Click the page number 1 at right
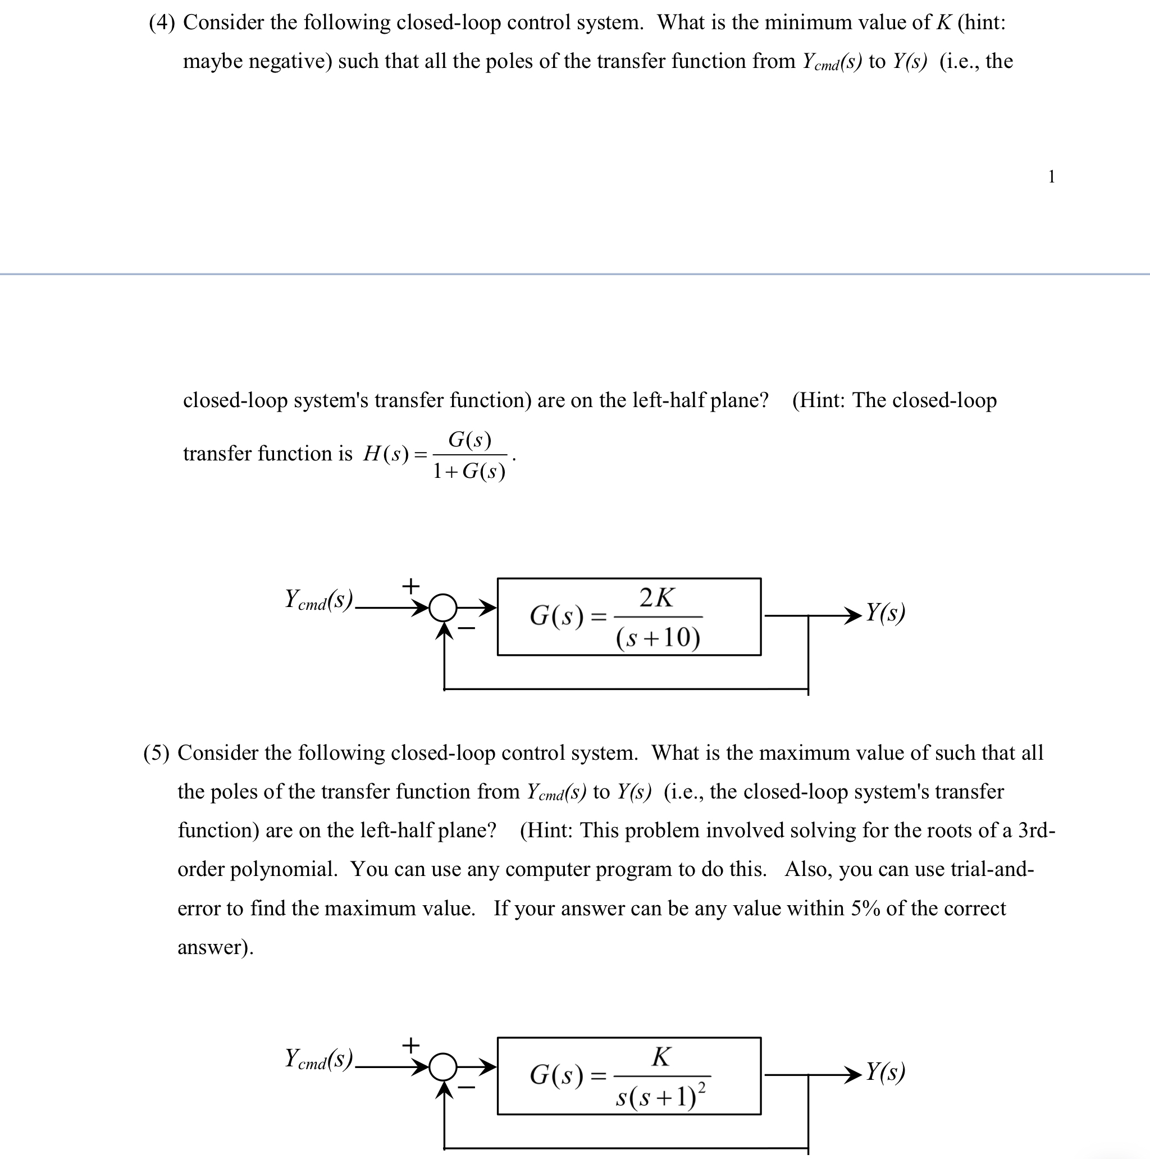(1051, 176)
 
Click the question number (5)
(156, 753)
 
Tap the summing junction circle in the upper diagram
(444, 608)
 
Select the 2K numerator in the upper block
(657, 597)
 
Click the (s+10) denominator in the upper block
(658, 637)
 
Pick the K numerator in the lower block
(661, 1057)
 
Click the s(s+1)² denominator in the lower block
(660, 1097)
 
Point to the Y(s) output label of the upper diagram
(886, 613)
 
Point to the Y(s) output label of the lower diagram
(886, 1072)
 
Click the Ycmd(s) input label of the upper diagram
(318, 600)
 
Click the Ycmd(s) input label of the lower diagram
(318, 1059)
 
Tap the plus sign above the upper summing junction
(410, 585)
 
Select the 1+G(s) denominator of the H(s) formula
(469, 472)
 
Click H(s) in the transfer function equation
(386, 454)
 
